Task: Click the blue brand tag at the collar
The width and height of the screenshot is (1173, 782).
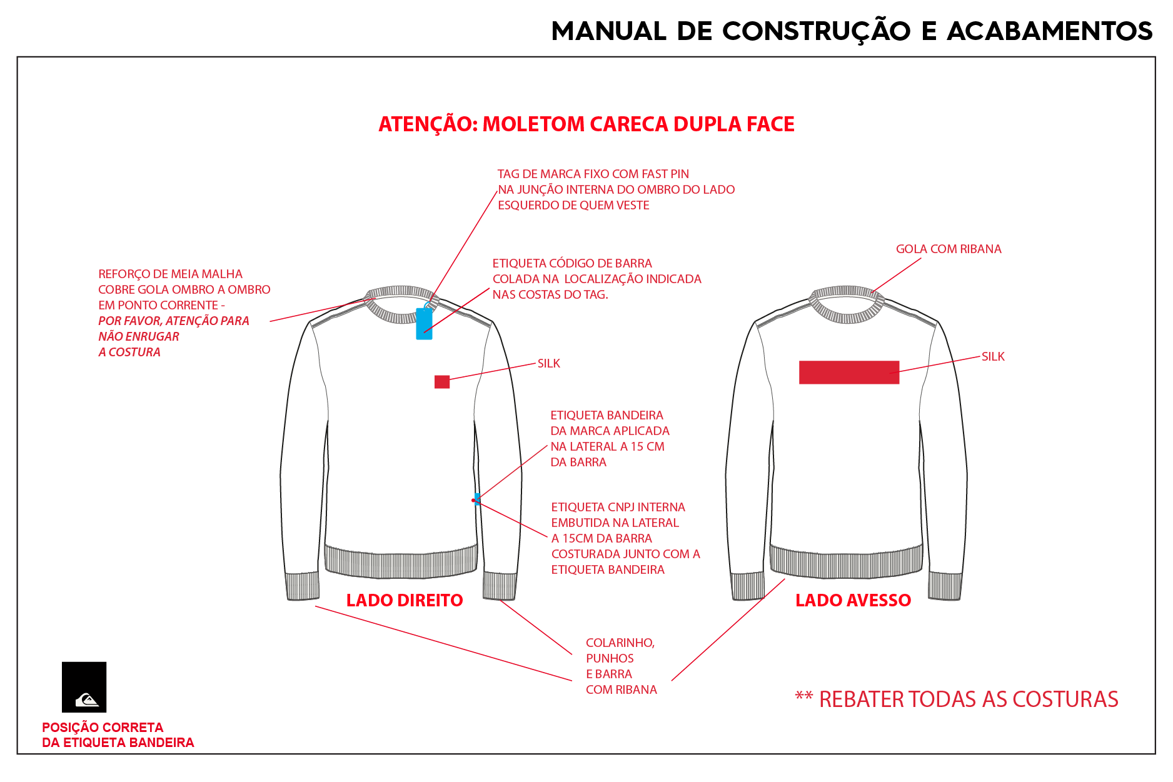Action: click(x=424, y=323)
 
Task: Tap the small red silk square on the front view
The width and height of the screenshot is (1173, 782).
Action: click(x=442, y=382)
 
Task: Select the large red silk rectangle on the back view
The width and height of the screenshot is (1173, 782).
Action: click(x=849, y=372)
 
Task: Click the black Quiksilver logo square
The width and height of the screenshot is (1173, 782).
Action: click(x=84, y=687)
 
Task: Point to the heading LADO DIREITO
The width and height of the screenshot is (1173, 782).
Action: click(x=405, y=600)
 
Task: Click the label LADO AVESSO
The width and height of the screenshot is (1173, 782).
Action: click(x=853, y=600)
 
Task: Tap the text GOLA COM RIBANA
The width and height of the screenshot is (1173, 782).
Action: click(x=949, y=249)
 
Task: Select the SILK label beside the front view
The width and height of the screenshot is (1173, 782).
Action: click(x=549, y=363)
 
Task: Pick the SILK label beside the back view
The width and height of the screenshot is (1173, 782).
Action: click(x=993, y=356)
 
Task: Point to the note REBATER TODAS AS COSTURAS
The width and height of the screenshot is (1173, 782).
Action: click(x=969, y=699)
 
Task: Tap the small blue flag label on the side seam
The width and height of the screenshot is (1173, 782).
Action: click(x=478, y=499)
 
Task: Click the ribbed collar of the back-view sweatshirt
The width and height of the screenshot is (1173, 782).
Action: click(x=847, y=305)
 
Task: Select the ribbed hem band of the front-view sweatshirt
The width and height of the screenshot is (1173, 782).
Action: click(x=401, y=561)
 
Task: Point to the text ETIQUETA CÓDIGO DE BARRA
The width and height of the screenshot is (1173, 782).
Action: click(x=572, y=263)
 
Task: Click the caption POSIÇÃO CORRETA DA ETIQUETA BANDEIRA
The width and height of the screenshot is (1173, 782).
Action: click(x=118, y=735)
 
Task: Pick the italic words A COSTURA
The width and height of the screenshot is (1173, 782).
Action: click(x=129, y=352)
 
